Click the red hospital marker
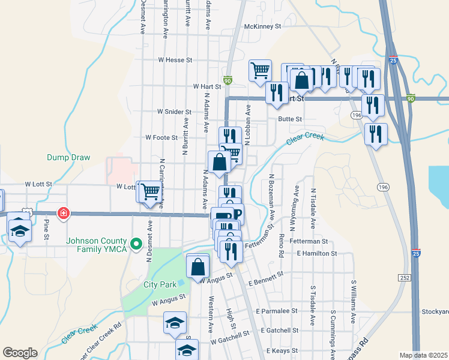(x=62, y=213)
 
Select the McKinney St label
(x=263, y=26)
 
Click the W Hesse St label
(x=175, y=60)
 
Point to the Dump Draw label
(x=68, y=158)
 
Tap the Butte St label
(x=290, y=119)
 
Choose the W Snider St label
(x=174, y=112)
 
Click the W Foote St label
(x=162, y=137)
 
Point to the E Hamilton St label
(x=316, y=254)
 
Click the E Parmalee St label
(x=277, y=311)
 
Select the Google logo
(x=20, y=353)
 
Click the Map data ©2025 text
(x=423, y=355)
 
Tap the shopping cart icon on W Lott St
(x=151, y=191)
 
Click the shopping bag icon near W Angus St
(x=198, y=265)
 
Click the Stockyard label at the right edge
(x=435, y=312)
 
